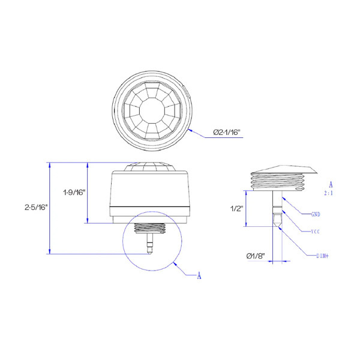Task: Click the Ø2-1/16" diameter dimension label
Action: [227, 132]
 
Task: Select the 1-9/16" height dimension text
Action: [74, 192]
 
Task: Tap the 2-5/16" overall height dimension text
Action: [36, 208]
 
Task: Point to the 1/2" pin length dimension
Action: [236, 208]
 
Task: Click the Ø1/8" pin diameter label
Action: [256, 256]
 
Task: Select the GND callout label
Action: [316, 214]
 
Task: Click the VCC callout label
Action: [316, 232]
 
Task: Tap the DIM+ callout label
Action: [323, 256]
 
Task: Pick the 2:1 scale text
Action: [329, 193]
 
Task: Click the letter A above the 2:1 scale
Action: [331, 184]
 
